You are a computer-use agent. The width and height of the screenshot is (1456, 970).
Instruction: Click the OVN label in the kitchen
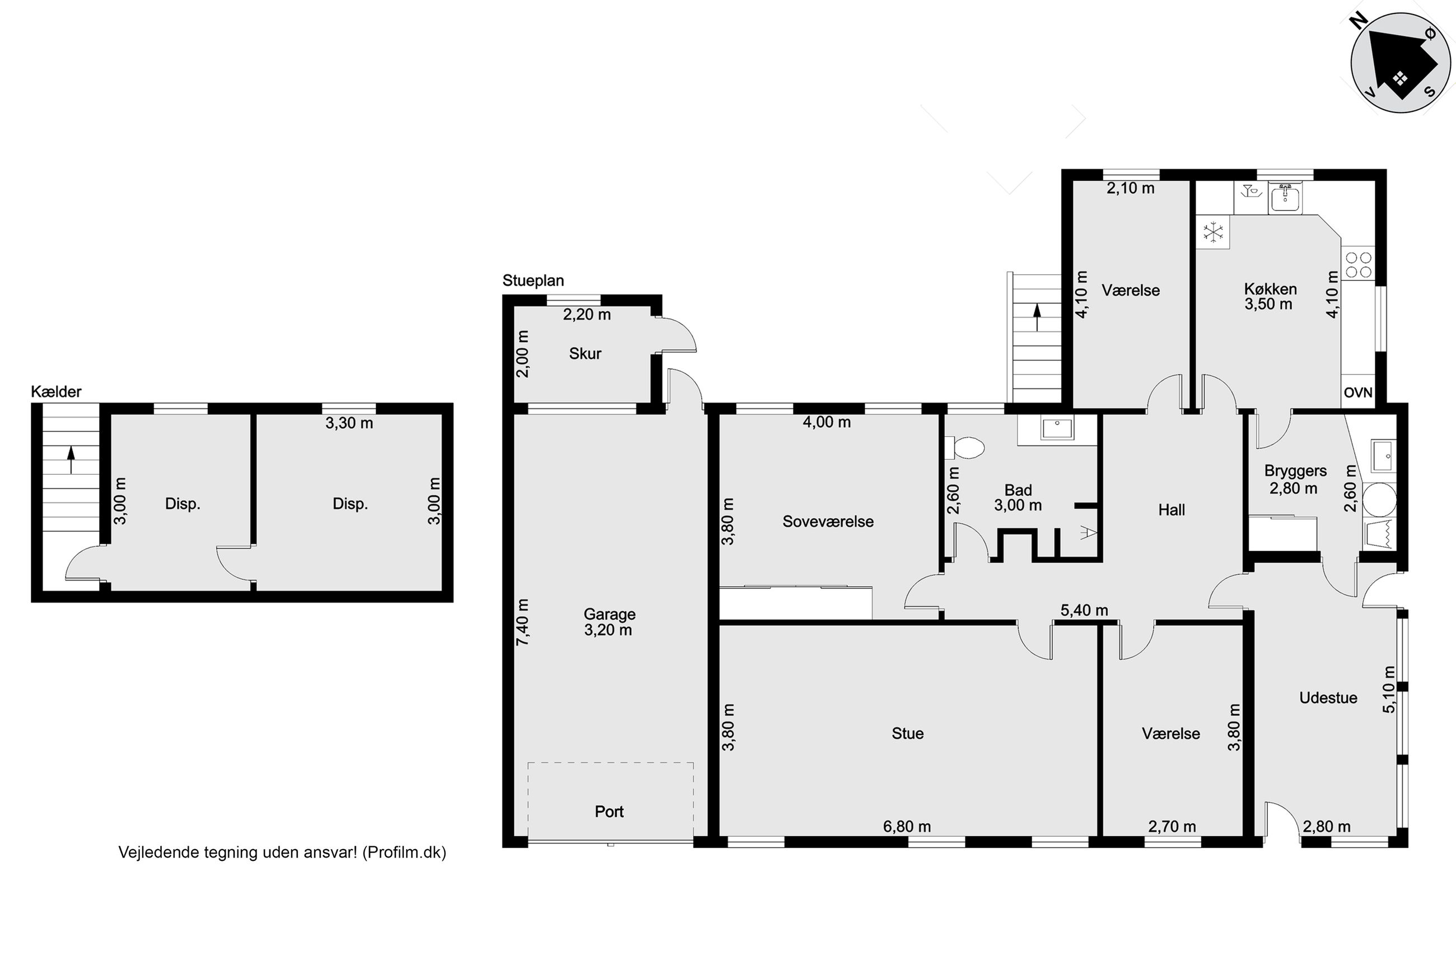(1357, 392)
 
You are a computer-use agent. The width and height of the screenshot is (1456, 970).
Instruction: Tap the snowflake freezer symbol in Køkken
(1214, 233)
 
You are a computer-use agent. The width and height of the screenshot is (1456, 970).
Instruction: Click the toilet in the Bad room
(965, 448)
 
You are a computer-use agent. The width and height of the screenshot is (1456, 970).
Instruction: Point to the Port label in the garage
(609, 812)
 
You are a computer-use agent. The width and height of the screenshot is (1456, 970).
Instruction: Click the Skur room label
(585, 354)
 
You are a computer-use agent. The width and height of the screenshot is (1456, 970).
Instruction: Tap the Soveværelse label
(828, 522)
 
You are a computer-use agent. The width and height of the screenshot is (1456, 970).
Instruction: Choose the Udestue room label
(1328, 698)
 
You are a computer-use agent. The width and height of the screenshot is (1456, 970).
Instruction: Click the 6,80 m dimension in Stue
(907, 827)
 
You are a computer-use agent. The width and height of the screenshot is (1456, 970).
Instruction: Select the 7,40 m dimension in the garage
(523, 622)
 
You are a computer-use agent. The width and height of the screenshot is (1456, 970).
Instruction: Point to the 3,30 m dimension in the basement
(349, 423)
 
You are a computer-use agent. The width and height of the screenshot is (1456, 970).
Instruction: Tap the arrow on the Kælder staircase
(71, 460)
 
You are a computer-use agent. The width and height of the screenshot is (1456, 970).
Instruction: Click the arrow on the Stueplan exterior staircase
(1037, 317)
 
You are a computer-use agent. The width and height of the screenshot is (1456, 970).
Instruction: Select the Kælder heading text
(57, 392)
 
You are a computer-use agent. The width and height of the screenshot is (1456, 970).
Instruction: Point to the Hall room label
(1172, 510)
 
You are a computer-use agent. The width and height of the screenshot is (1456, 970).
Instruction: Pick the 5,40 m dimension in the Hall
(1084, 611)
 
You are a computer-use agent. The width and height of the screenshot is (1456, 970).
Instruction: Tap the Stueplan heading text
(533, 281)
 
